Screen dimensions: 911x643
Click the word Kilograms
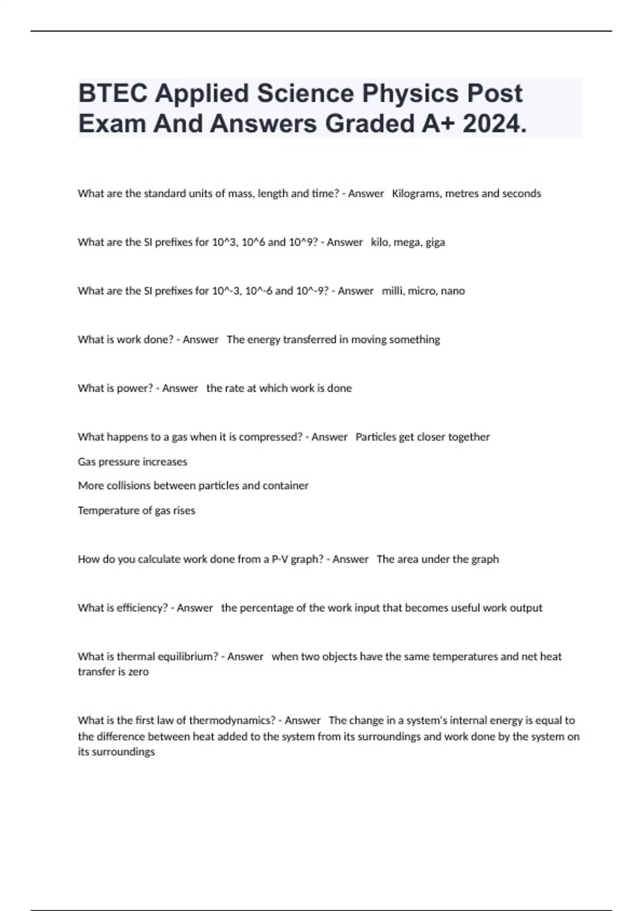click(x=416, y=193)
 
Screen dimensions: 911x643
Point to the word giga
click(x=435, y=242)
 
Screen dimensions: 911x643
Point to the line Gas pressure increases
click(x=132, y=461)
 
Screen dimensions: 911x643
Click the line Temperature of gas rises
click(x=136, y=510)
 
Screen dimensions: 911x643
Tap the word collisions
click(x=125, y=486)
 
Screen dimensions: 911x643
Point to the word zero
click(x=138, y=671)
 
